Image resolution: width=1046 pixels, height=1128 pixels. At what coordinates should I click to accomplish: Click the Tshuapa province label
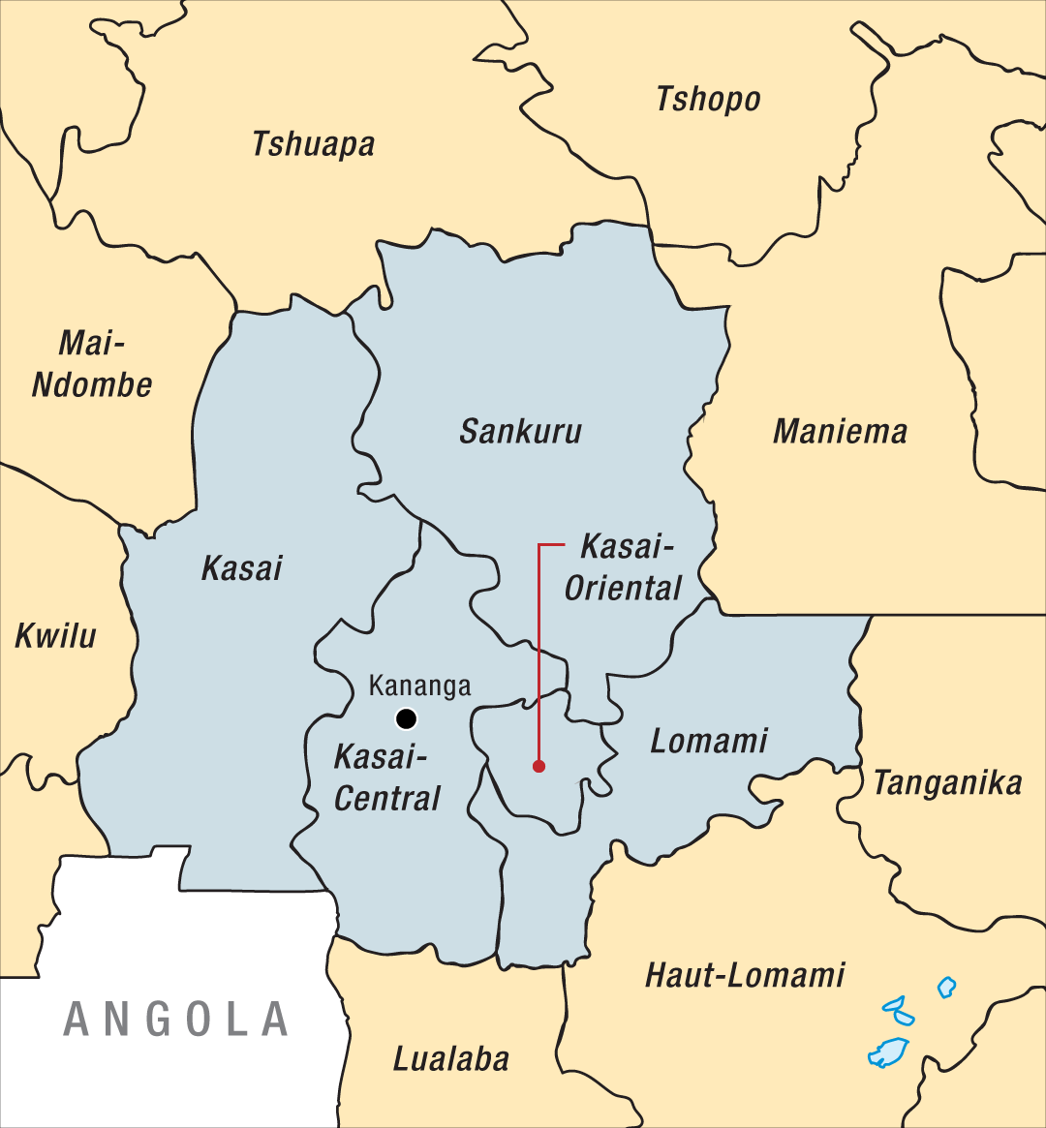pos(313,144)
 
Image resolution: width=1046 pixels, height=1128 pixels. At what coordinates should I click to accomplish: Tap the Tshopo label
pos(708,99)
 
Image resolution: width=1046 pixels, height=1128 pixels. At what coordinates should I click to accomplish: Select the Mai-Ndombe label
pos(92,363)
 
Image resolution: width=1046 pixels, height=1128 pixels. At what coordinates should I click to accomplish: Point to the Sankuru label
pos(520,431)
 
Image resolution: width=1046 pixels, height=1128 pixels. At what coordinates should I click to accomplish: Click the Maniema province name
pos(840,431)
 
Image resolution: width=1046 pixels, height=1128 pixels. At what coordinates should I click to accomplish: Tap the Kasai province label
pos(241,568)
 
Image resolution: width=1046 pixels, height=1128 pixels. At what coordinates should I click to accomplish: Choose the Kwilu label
pos(55,636)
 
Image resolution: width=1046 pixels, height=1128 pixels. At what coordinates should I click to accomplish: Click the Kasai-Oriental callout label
pos(625,567)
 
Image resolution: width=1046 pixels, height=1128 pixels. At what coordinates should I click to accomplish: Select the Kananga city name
pos(419,686)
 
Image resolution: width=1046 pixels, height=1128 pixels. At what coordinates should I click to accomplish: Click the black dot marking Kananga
pos(406,718)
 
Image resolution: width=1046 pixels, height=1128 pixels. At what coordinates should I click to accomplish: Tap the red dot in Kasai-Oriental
pos(538,766)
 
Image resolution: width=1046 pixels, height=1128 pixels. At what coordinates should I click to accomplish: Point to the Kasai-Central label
pos(386,777)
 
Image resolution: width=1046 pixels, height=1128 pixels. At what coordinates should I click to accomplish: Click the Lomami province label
pos(709,741)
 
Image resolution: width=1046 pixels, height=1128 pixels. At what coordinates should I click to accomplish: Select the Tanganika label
pos(947,782)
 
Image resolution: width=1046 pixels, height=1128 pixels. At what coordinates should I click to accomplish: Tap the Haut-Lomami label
pos(745,974)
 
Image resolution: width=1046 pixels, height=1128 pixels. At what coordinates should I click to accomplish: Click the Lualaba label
pos(450,1058)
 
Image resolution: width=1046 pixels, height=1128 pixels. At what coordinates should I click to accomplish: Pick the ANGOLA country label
pos(176,1020)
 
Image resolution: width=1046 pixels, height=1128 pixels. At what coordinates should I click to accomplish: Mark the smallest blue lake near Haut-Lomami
pos(946,987)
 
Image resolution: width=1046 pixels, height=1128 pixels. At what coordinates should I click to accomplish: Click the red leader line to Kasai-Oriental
pos(538,658)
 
